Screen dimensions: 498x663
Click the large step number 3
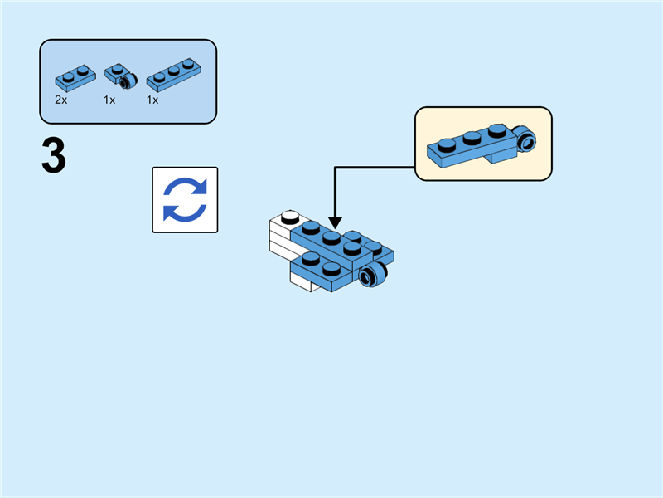pyautogui.click(x=53, y=157)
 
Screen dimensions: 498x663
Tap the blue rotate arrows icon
pyautogui.click(x=185, y=200)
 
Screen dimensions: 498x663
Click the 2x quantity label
pyautogui.click(x=60, y=100)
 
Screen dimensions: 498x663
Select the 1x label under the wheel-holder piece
pyautogui.click(x=109, y=100)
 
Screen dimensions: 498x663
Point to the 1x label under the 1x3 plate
pyautogui.click(x=152, y=100)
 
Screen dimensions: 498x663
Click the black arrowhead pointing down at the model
pyautogui.click(x=335, y=222)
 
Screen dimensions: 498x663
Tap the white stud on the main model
pyautogui.click(x=289, y=217)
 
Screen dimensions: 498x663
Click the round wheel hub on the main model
pyautogui.click(x=375, y=277)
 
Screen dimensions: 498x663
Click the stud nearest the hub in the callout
pyautogui.click(x=496, y=129)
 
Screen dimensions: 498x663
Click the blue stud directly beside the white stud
pyautogui.click(x=311, y=227)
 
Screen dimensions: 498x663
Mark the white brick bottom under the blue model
pyautogui.click(x=303, y=283)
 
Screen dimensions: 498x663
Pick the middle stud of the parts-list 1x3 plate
pyautogui.click(x=173, y=70)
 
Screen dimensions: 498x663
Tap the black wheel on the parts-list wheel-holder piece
pyautogui.click(x=126, y=82)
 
